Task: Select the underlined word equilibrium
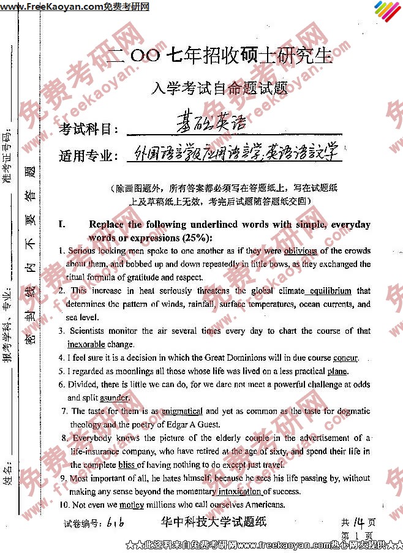click(331, 291)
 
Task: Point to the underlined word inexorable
click(86, 344)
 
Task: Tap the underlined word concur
click(345, 358)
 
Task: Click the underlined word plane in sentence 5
click(337, 371)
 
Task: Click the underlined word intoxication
click(240, 491)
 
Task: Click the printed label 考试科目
click(88, 129)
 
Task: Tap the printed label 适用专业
click(88, 156)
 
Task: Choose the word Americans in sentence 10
click(262, 505)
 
